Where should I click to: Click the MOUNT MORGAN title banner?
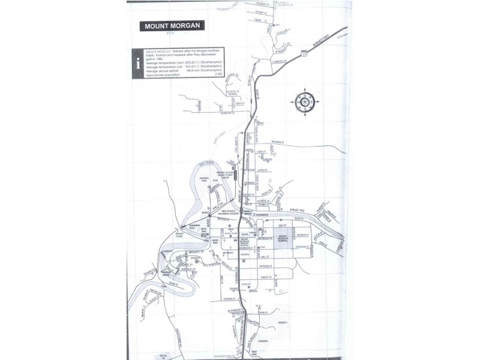170,26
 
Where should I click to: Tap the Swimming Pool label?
193,229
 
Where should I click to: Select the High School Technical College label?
228,212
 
